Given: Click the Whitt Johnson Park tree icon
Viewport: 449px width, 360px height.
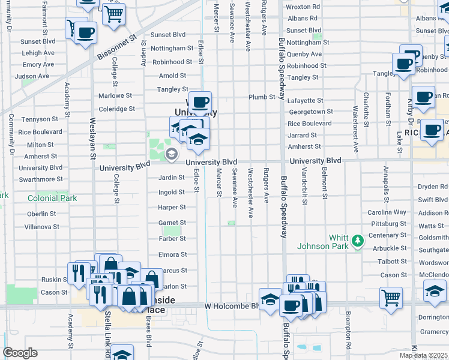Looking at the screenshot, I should pyautogui.click(x=358, y=241).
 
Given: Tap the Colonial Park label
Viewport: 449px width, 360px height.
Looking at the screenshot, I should pyautogui.click(x=52, y=198).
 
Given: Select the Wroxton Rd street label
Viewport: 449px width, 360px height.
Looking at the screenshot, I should pyautogui.click(x=303, y=7).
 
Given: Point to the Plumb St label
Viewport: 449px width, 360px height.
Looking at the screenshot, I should pyautogui.click(x=262, y=97).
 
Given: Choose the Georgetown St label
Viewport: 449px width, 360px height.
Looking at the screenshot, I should pyautogui.click(x=311, y=112).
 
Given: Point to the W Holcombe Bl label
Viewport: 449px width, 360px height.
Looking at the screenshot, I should pyautogui.click(x=231, y=306).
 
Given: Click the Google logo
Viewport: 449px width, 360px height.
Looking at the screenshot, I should pyautogui.click(x=20, y=352).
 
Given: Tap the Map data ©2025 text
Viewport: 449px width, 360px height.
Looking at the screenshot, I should pyautogui.click(x=424, y=355).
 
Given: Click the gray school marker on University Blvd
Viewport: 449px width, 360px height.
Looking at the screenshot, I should pyautogui.click(x=172, y=155).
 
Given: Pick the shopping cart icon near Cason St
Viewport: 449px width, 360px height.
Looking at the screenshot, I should pyautogui.click(x=391, y=297).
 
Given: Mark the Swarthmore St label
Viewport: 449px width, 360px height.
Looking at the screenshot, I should pyautogui.click(x=41, y=179).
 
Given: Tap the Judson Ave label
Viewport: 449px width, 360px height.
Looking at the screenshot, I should pyautogui.click(x=32, y=76).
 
